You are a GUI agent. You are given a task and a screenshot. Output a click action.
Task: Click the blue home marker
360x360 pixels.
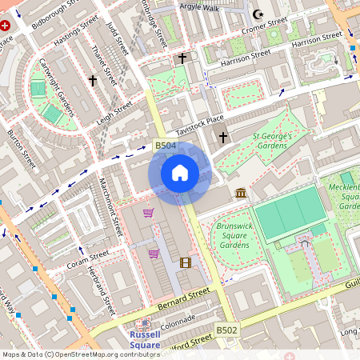coord(180,173)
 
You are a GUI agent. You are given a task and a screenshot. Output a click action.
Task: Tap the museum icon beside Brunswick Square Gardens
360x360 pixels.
coord(241,193)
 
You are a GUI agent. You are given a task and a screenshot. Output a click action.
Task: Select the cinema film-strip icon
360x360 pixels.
coord(186,262)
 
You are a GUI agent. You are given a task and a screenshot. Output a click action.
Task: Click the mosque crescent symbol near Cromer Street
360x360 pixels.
coord(258,14)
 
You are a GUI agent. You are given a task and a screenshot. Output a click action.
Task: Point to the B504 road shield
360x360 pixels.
coord(164,145)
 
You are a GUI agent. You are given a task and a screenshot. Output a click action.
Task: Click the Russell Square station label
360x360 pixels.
coord(146,339)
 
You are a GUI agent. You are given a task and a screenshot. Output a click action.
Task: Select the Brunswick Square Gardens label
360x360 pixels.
coord(233,236)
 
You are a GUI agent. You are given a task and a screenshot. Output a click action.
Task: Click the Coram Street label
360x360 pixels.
coord(88,258)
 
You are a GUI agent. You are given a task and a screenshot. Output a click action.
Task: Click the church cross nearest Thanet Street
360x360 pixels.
coord(92,81)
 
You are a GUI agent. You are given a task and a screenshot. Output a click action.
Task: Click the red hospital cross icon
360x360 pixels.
coord(6,26)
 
